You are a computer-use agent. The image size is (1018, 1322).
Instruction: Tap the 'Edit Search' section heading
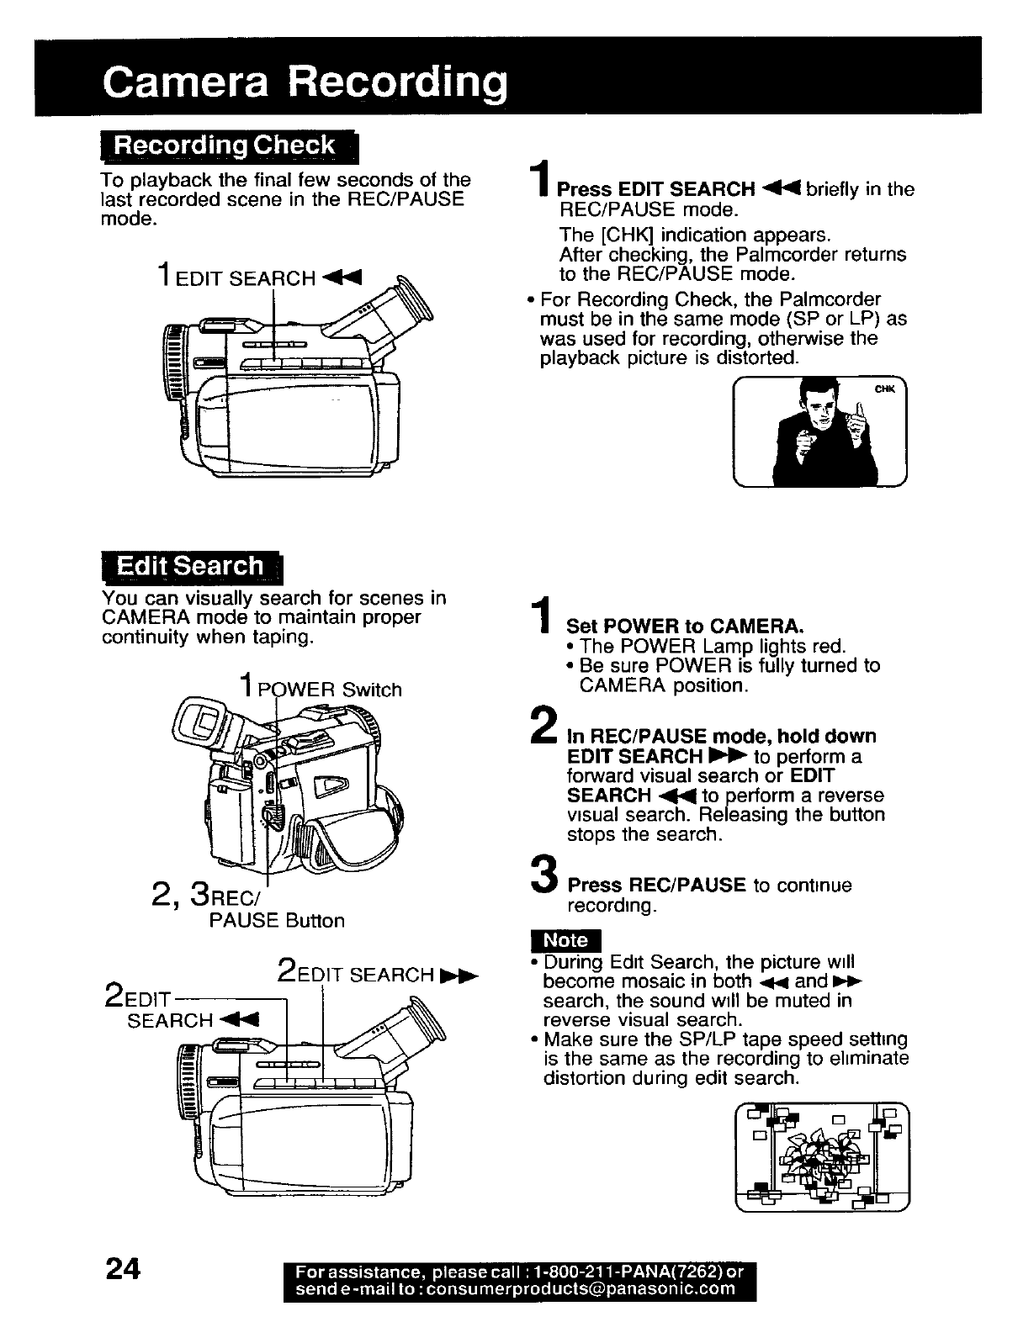(x=191, y=566)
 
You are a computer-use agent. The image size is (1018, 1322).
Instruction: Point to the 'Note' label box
(x=567, y=940)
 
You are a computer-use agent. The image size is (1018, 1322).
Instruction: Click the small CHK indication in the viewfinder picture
(x=883, y=389)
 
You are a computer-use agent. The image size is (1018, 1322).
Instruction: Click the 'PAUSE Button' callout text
(x=276, y=921)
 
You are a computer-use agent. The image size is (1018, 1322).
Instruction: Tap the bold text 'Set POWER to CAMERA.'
(x=687, y=627)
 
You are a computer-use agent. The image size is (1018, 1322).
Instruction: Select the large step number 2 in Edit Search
(x=544, y=728)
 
